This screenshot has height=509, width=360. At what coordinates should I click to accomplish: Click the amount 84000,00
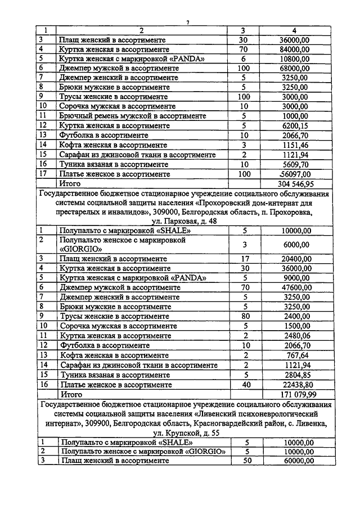[295, 49]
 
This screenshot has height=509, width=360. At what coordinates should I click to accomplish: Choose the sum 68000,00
[295, 68]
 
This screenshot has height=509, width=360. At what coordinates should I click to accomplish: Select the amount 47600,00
[295, 287]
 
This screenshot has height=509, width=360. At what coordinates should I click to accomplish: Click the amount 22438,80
[295, 385]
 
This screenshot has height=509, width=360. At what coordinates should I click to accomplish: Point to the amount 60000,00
[295, 461]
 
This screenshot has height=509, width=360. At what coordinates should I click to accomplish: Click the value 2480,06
[295, 336]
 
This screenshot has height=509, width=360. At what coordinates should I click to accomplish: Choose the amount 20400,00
[295, 258]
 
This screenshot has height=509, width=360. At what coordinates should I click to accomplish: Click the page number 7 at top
[188, 22]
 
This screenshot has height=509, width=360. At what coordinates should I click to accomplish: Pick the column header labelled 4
[295, 30]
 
